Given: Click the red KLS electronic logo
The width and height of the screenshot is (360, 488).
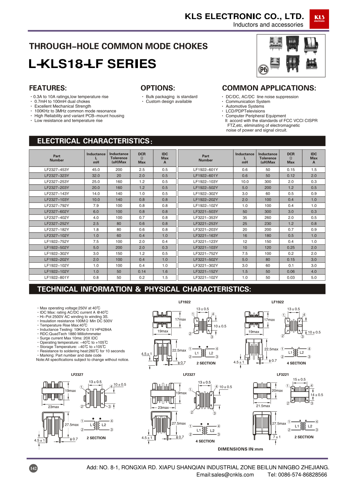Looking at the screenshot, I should tap(319, 19).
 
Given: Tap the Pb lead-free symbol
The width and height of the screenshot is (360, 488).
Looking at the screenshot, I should tap(264, 69).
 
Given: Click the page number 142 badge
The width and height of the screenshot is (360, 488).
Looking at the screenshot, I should tap(33, 468).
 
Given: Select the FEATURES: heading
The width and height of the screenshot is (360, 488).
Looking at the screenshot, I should tap(48, 88).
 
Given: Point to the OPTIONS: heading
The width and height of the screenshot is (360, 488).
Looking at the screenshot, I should tap(158, 88).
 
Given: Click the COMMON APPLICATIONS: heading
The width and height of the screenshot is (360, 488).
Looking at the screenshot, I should tap(269, 88).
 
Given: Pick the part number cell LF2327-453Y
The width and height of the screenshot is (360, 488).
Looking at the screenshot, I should tap(57, 170).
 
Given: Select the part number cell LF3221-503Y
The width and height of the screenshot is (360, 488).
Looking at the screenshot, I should tap(206, 212).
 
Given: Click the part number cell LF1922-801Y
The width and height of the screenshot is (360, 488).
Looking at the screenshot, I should tap(57, 277).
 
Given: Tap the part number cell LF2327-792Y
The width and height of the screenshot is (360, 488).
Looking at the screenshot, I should tap(57, 205).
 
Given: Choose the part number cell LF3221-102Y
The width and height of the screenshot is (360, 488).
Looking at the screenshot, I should tap(206, 277).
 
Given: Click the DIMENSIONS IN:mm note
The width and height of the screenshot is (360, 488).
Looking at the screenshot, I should tap(240, 449).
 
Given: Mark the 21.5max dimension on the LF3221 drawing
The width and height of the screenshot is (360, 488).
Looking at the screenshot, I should tap(263, 406).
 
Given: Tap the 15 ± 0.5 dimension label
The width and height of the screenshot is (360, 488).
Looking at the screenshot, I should tap(299, 379).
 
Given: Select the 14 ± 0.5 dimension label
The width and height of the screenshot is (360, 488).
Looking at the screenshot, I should tap(317, 395).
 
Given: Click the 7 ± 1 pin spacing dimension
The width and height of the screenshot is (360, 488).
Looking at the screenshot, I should tap(276, 437).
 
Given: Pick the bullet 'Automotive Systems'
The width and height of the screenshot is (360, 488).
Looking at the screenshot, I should tap(245, 106).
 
